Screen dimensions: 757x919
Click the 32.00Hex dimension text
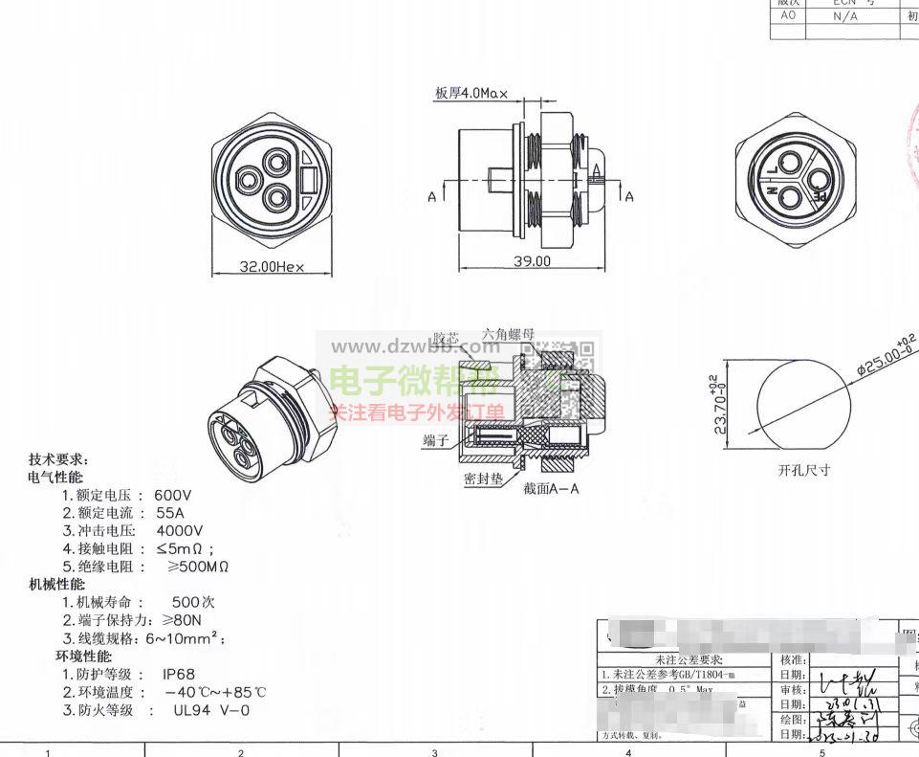tap(272, 267)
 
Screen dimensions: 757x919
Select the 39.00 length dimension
tap(533, 260)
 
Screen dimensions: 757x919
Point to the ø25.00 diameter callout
tap(886, 356)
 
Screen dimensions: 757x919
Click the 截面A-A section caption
tap(552, 488)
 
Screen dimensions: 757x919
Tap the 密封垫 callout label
tap(482, 478)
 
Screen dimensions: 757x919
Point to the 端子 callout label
tap(436, 439)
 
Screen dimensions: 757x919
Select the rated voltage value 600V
tap(173, 496)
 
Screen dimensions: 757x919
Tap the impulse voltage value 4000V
tap(180, 530)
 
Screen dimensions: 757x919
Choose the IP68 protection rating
tap(179, 675)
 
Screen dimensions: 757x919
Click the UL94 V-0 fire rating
tap(211, 710)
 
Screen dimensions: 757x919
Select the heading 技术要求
tap(59, 459)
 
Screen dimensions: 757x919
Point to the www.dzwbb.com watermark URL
tap(414, 347)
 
